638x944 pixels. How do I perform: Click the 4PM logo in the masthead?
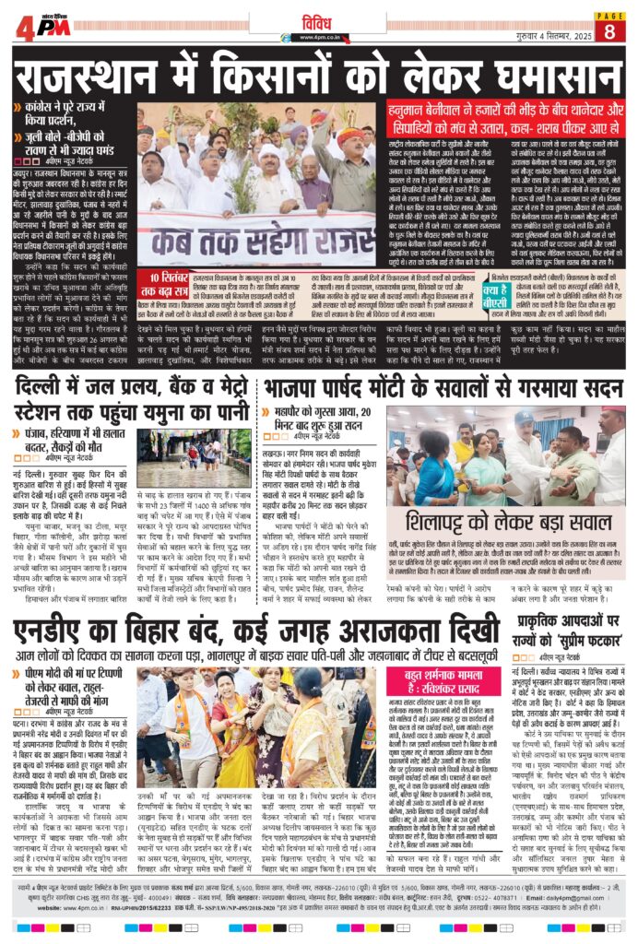coord(42,27)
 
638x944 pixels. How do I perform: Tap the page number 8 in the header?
coord(608,30)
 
